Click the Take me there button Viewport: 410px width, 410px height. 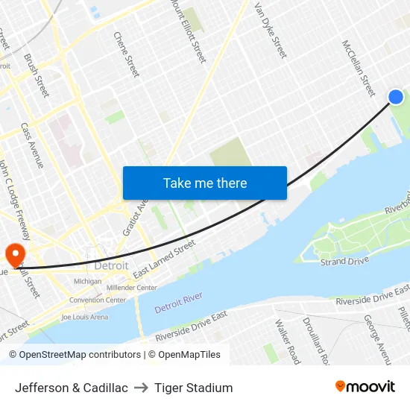coord(205,183)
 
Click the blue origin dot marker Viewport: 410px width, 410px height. coord(396,97)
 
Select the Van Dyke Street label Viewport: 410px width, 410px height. coord(270,30)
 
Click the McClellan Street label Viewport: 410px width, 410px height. coord(359,68)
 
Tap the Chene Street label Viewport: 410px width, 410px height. coord(126,54)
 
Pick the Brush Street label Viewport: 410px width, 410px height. coord(37,75)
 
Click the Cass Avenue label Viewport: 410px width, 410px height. coord(32,145)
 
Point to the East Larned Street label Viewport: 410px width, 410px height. coord(164,259)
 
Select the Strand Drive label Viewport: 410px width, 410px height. coord(344,262)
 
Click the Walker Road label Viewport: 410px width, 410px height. coord(286,341)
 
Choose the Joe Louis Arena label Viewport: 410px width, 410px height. coord(85,317)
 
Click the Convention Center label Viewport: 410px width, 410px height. coord(98,300)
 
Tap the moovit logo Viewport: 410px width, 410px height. coord(365,387)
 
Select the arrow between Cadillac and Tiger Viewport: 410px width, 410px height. coord(140,388)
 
